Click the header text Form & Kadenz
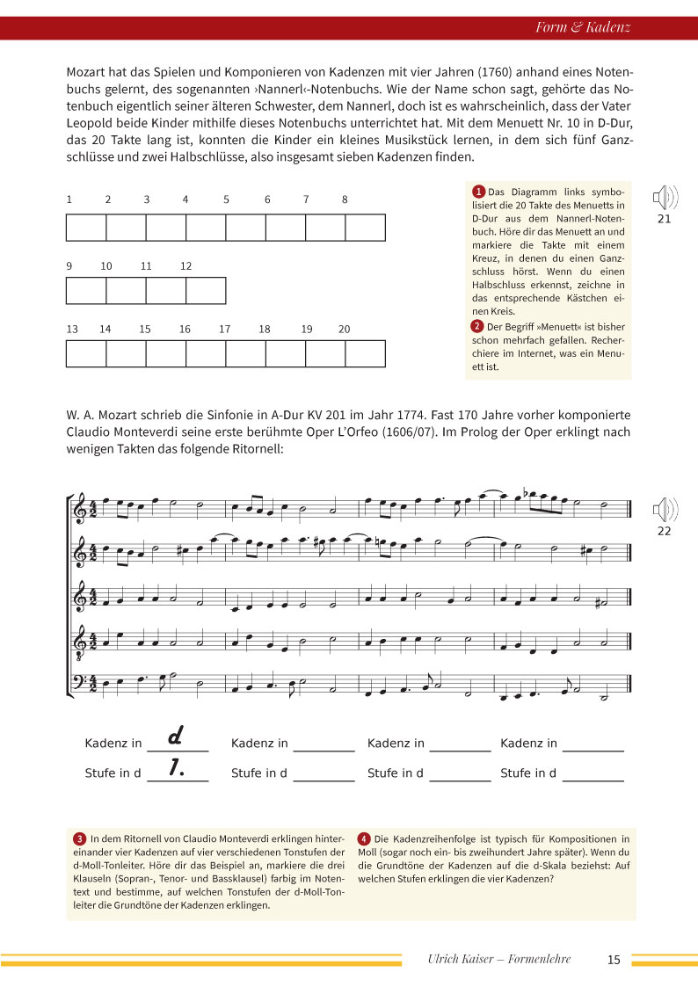[x=583, y=27]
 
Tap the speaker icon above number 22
[x=664, y=510]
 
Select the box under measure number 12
[x=206, y=290]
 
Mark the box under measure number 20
[x=365, y=353]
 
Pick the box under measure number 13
[x=86, y=353]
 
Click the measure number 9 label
[x=69, y=266]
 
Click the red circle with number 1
[x=479, y=192]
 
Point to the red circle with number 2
[x=479, y=327]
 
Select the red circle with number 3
[x=80, y=838]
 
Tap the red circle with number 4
[x=364, y=838]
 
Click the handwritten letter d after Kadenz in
[x=174, y=735]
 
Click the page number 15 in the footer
[x=614, y=960]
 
